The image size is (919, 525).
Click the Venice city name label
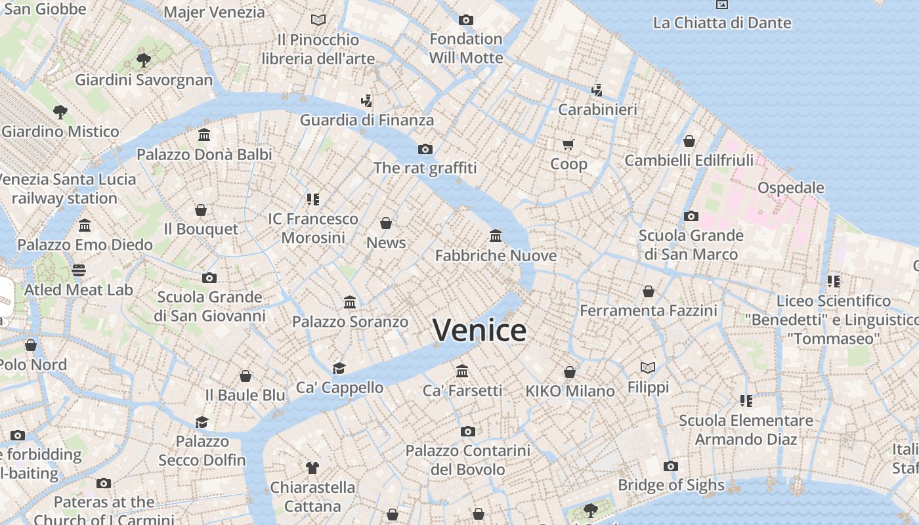(x=480, y=330)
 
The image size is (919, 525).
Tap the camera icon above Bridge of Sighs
(x=670, y=466)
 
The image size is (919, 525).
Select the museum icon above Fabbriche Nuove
(x=496, y=236)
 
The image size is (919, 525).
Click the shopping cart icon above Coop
(x=568, y=144)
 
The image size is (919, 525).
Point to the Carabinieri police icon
(x=597, y=90)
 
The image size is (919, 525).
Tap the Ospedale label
(x=790, y=188)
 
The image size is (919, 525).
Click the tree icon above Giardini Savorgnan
(x=143, y=60)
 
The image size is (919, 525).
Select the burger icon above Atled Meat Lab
(x=79, y=270)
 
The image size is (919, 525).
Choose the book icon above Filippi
(x=648, y=367)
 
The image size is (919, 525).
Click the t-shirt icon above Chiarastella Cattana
(x=312, y=468)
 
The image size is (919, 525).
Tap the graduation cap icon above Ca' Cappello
(x=339, y=368)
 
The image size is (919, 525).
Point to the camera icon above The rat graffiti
(x=425, y=149)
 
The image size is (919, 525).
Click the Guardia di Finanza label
(x=367, y=120)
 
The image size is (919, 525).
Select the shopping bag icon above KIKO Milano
(x=570, y=372)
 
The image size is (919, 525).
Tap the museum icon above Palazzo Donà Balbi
(x=204, y=135)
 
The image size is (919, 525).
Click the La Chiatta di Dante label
(x=722, y=23)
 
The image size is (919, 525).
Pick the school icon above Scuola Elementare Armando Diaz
(x=746, y=400)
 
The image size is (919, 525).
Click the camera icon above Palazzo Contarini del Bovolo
(x=467, y=431)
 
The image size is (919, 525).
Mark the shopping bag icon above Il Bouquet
(x=201, y=210)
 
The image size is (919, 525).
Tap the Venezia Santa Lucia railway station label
(x=66, y=188)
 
